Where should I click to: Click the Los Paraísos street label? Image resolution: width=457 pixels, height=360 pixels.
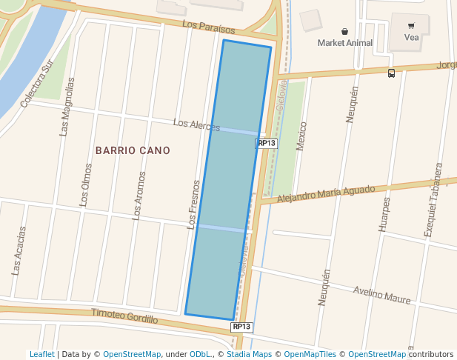click(x=208, y=28)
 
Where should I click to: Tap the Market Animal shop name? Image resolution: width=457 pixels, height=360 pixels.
click(x=345, y=43)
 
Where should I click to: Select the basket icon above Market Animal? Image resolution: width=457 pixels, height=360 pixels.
click(x=345, y=31)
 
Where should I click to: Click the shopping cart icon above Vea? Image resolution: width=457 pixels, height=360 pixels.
click(x=411, y=25)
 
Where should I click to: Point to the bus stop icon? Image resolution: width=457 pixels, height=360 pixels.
click(x=391, y=73)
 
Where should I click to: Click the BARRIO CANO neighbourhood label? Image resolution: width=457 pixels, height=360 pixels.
click(x=133, y=150)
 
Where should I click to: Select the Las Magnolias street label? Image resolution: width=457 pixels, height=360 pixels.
click(x=67, y=107)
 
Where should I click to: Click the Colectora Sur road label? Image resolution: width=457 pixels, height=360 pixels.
click(x=38, y=87)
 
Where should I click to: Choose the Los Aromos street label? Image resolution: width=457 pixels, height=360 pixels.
click(x=139, y=195)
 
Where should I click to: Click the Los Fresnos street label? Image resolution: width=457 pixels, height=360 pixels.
click(x=193, y=204)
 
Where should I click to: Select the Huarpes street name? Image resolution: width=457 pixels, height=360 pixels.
click(x=384, y=215)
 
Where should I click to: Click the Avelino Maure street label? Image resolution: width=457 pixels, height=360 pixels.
click(x=381, y=295)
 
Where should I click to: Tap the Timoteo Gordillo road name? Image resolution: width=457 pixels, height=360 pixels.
click(x=124, y=316)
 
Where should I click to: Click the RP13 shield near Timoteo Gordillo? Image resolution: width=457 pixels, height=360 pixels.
click(x=241, y=327)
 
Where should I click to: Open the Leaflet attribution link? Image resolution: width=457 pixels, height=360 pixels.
click(x=41, y=355)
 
